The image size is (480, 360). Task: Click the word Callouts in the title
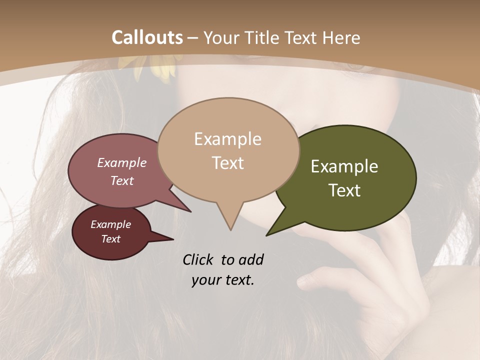(x=147, y=37)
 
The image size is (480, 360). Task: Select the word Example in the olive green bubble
(x=344, y=166)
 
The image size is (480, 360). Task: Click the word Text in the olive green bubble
(x=344, y=190)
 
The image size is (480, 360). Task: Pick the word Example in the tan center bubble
(x=227, y=139)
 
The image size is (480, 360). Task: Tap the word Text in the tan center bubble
(x=227, y=163)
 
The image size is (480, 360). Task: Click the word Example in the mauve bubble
(x=121, y=163)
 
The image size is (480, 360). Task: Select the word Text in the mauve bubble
(x=121, y=181)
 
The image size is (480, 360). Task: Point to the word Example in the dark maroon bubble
(x=110, y=224)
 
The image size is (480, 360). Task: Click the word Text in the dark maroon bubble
(x=110, y=239)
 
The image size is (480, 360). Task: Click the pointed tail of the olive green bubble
(x=268, y=234)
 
